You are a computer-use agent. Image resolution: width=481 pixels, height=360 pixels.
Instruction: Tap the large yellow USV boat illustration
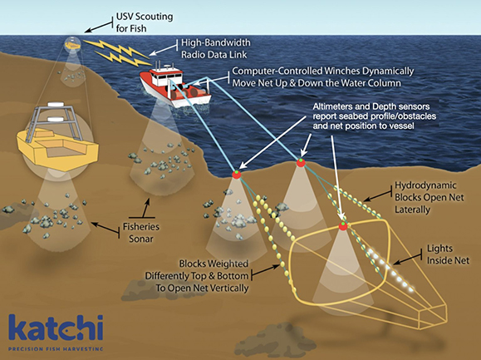pos(57,138)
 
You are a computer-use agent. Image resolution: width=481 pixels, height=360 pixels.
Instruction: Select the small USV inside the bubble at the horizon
pos(72,45)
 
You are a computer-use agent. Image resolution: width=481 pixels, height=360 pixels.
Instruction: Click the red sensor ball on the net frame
pos(343,226)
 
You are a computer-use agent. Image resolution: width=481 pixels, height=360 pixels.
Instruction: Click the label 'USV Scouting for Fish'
pos(145,22)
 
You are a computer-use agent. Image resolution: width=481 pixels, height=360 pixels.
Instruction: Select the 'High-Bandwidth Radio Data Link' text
pos(216,48)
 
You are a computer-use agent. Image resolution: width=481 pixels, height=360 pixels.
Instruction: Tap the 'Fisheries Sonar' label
pos(141,233)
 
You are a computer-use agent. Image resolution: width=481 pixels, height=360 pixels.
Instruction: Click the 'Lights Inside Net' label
pos(448,254)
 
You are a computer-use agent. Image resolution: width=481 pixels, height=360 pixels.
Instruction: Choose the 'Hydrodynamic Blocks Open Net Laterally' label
pos(429,197)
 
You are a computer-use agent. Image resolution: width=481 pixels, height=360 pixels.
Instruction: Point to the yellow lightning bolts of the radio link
pos(118,52)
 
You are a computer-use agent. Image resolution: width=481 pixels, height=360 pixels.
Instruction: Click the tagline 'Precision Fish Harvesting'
pos(56,349)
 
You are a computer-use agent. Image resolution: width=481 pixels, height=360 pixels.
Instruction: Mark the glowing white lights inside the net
pos(390,269)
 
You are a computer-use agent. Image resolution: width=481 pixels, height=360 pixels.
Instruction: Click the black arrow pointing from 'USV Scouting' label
pos(99,27)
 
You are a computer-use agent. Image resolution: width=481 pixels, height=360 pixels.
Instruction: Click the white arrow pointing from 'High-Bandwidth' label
pos(164,51)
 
